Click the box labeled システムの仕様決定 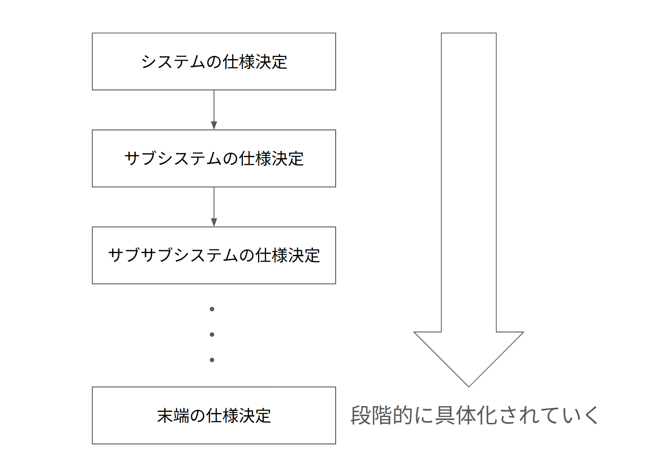(x=213, y=61)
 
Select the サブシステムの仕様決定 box (x=213, y=158)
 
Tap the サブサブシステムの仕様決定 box (x=213, y=255)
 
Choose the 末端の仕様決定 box (x=213, y=415)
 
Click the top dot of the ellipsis (x=212, y=309)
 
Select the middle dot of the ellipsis (x=212, y=335)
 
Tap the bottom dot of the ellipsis (x=212, y=360)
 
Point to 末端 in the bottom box (x=173, y=416)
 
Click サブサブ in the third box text (x=141, y=255)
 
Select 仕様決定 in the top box (x=255, y=62)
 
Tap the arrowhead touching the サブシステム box (x=214, y=125)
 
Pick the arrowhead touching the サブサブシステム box (x=214, y=222)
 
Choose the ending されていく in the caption (x=550, y=415)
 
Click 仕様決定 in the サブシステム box (x=272, y=159)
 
